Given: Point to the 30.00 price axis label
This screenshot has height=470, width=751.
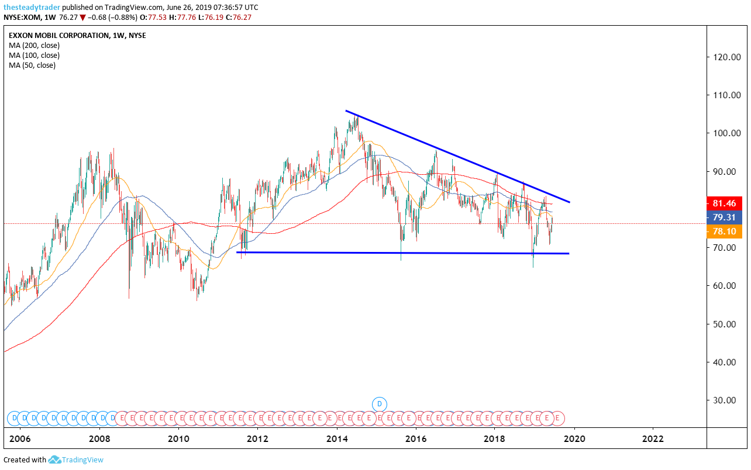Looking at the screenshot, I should (724, 400).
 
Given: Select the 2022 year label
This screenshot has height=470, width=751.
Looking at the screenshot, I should (653, 439).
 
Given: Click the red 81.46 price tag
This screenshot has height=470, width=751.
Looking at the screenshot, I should (724, 203).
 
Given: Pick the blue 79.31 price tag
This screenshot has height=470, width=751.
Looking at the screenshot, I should (724, 217).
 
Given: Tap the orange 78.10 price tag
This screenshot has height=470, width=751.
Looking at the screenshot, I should (724, 231).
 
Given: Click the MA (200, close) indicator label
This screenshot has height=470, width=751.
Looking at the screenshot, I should (34, 46).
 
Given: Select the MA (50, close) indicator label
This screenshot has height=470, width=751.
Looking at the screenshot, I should (32, 65).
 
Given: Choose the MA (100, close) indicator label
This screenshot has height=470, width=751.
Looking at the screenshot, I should (34, 56).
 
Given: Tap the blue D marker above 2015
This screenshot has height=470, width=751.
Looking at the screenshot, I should (380, 403).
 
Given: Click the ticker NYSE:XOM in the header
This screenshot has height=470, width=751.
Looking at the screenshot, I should (23, 17).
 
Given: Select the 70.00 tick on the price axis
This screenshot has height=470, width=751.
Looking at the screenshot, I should (724, 248).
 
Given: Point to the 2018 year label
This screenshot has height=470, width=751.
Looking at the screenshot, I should (495, 439).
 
